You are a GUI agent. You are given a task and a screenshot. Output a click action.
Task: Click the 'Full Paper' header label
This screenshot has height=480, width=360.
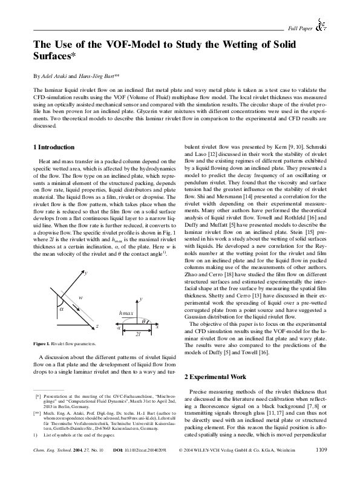coord(300,28)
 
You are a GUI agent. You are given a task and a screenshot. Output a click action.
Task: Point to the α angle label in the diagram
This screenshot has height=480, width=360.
coord(62,306)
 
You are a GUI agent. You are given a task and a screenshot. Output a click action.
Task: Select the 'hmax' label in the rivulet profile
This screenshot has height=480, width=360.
coord(126,314)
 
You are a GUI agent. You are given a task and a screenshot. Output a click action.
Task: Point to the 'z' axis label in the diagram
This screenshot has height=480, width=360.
coord(97,326)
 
